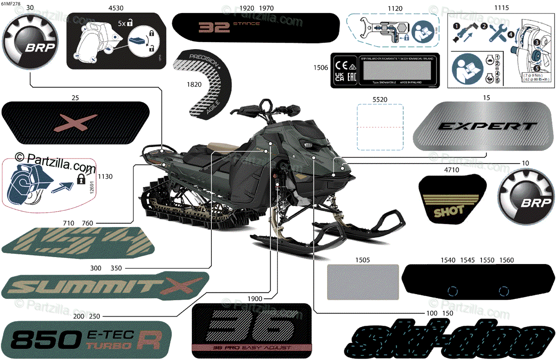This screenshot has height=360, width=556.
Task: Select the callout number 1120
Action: (x=395, y=8)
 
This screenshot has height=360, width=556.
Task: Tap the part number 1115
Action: (x=501, y=8)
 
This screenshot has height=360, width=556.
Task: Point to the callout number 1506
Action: (x=321, y=68)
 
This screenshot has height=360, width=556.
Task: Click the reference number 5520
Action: (x=379, y=100)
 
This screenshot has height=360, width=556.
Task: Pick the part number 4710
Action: (x=451, y=170)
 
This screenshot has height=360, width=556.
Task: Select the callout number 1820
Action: (x=194, y=84)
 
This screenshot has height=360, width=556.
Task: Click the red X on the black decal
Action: (x=69, y=122)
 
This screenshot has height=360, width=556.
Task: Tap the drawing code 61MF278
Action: (x=12, y=4)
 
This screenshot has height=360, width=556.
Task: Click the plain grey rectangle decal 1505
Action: (x=363, y=281)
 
